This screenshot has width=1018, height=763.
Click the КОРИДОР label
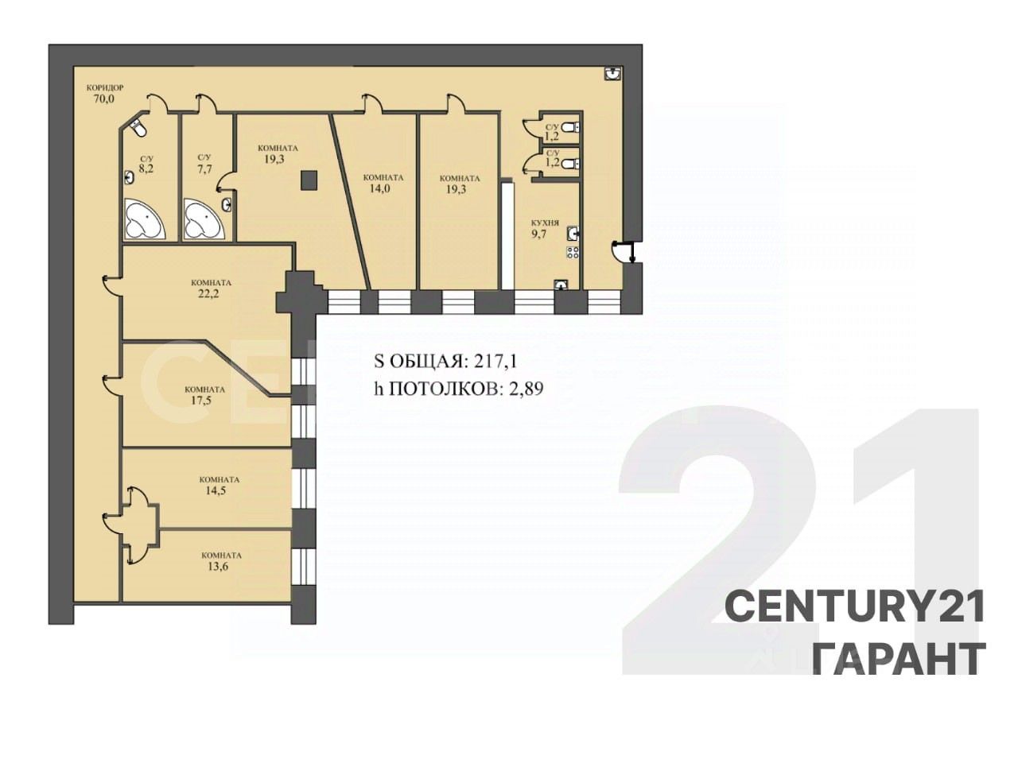pyautogui.click(x=105, y=87)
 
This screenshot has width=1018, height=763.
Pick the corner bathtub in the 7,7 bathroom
pyautogui.click(x=204, y=219)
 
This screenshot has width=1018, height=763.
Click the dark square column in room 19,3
pyautogui.click(x=309, y=180)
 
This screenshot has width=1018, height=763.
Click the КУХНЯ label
pyautogui.click(x=545, y=223)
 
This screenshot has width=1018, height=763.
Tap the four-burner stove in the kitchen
pyautogui.click(x=573, y=253)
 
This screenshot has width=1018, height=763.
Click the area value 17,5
pyautogui.click(x=201, y=401)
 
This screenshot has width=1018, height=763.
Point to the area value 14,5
pyautogui.click(x=216, y=490)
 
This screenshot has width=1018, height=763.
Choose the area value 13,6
pyautogui.click(x=218, y=566)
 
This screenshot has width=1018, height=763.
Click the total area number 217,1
pyautogui.click(x=495, y=362)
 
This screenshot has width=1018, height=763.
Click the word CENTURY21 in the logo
pyautogui.click(x=854, y=607)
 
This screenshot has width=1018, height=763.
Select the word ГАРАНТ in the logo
pyautogui.click(x=899, y=659)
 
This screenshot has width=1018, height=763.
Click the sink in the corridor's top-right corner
pyautogui.click(x=613, y=74)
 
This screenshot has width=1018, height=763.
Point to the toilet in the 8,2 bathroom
pyautogui.click(x=138, y=127)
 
